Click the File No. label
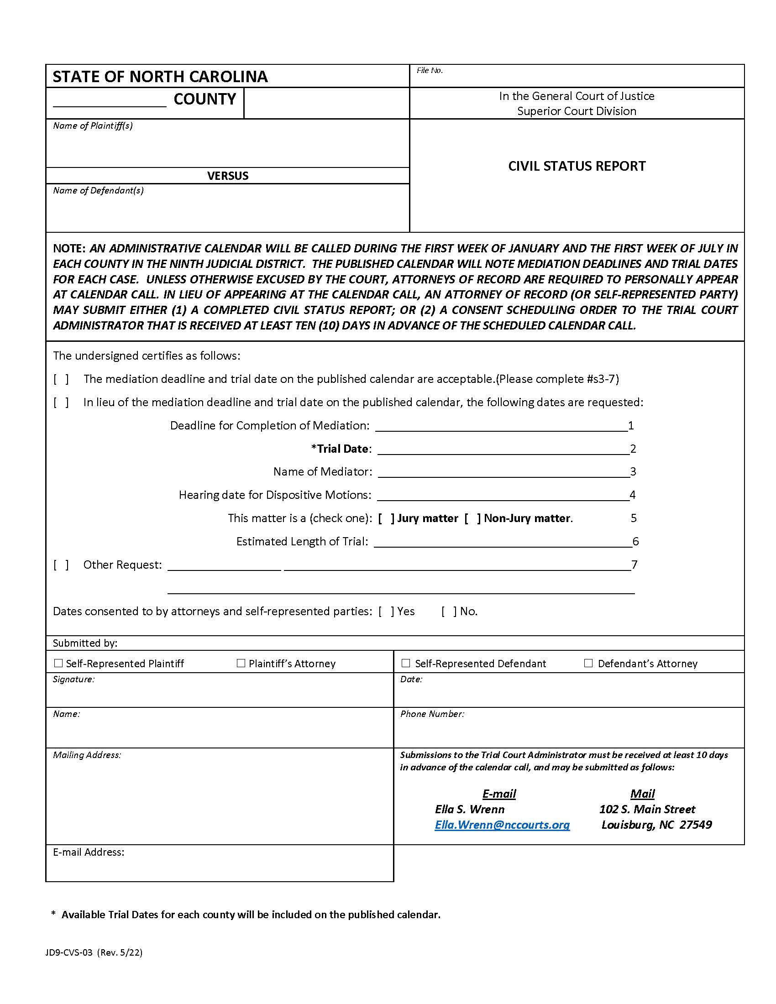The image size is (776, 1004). [430, 70]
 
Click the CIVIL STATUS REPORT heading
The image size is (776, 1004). [577, 166]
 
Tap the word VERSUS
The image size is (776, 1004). [228, 176]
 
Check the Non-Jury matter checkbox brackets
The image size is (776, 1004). [472, 518]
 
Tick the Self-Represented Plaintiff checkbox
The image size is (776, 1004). [58, 663]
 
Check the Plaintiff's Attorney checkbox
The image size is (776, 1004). [241, 663]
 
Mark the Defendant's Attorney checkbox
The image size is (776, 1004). [588, 663]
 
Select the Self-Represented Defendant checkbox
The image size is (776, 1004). [405, 663]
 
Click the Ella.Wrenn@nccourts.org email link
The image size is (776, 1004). [502, 825]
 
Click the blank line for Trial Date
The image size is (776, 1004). [503, 450]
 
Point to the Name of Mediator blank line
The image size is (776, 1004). [503, 473]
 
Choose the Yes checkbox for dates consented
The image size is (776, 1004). [386, 612]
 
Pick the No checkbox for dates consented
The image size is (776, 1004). [449, 612]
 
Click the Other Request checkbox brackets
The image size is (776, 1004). [61, 565]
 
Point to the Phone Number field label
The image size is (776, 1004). [432, 714]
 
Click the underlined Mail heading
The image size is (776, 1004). [642, 794]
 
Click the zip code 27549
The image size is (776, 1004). [695, 825]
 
